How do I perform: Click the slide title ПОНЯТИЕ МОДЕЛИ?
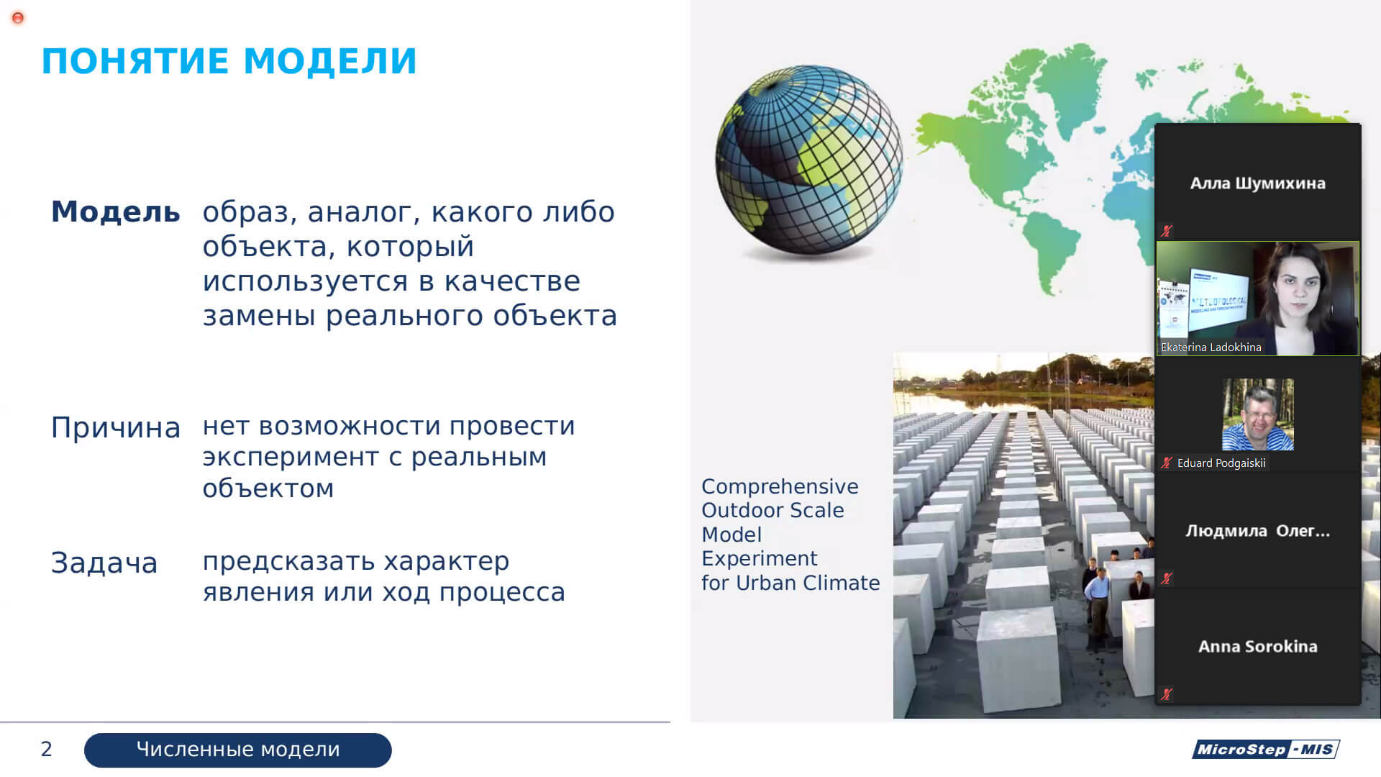tap(229, 61)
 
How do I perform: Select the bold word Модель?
tap(115, 212)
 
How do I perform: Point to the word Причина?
tap(115, 428)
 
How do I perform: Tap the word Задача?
tap(104, 563)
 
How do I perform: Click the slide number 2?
tap(47, 750)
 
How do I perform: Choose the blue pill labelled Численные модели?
tap(238, 750)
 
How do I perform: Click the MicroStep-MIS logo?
tap(1266, 749)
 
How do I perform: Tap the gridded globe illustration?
tap(808, 162)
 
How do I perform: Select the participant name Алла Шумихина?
tap(1257, 183)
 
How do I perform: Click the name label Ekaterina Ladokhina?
tap(1211, 347)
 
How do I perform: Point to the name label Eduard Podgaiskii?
tap(1221, 463)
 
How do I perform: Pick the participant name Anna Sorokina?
tap(1257, 647)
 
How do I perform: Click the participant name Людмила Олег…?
tap(1257, 531)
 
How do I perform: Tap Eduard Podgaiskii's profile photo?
tap(1257, 414)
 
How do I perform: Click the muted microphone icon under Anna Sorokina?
tap(1167, 694)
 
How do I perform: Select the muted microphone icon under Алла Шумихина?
tap(1167, 231)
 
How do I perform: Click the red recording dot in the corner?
tap(18, 18)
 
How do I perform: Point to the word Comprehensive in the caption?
tap(780, 487)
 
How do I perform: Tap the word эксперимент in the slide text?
tap(291, 458)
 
